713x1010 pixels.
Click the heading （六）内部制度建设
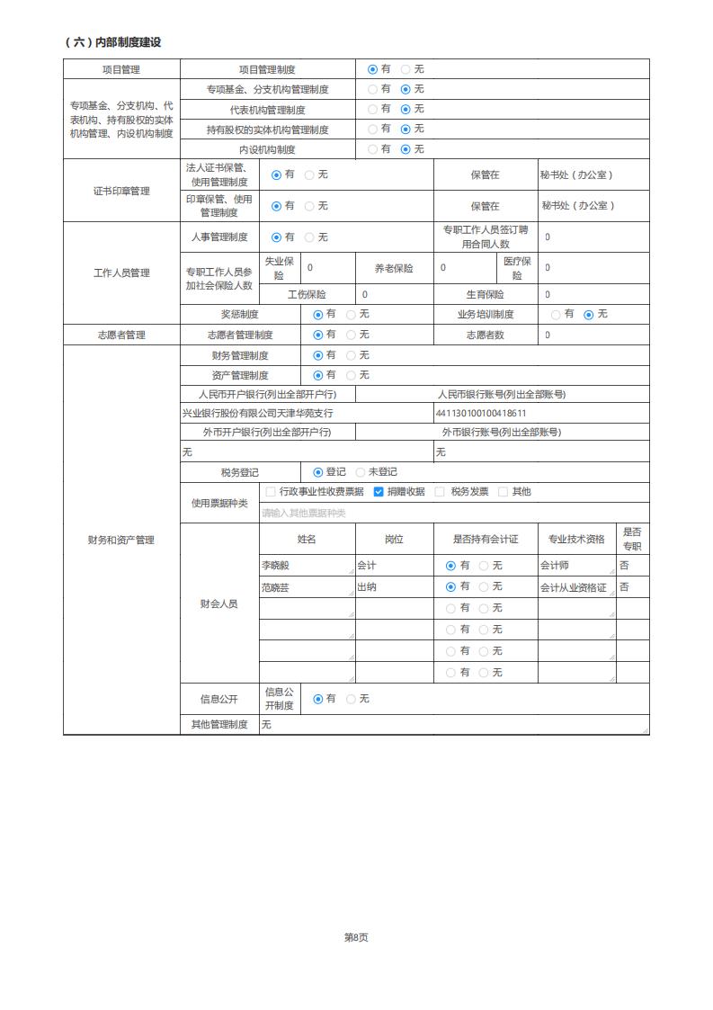(x=113, y=42)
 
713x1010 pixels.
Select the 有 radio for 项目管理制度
(x=372, y=69)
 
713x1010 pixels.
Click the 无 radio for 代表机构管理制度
(x=406, y=109)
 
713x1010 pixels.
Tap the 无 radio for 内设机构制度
(x=406, y=149)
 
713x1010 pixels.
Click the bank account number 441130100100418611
(x=480, y=413)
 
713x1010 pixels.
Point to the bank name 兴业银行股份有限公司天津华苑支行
(x=258, y=413)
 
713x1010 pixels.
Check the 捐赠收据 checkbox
(x=379, y=492)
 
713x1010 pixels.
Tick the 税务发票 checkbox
(x=440, y=492)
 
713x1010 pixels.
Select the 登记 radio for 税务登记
(x=317, y=472)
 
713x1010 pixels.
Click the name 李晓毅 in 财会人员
(x=277, y=566)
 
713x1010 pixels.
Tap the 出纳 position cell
(x=367, y=587)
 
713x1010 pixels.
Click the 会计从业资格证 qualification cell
(x=574, y=587)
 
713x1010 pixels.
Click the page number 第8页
(x=356, y=937)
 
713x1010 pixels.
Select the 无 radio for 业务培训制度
(x=589, y=315)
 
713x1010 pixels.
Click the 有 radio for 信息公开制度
(x=317, y=699)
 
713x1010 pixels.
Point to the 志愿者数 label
(x=485, y=335)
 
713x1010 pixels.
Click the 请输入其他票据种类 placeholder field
(x=304, y=513)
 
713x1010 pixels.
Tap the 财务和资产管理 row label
(x=121, y=540)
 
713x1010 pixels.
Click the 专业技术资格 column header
(x=576, y=540)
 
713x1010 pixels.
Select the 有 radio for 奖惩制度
(x=317, y=315)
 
